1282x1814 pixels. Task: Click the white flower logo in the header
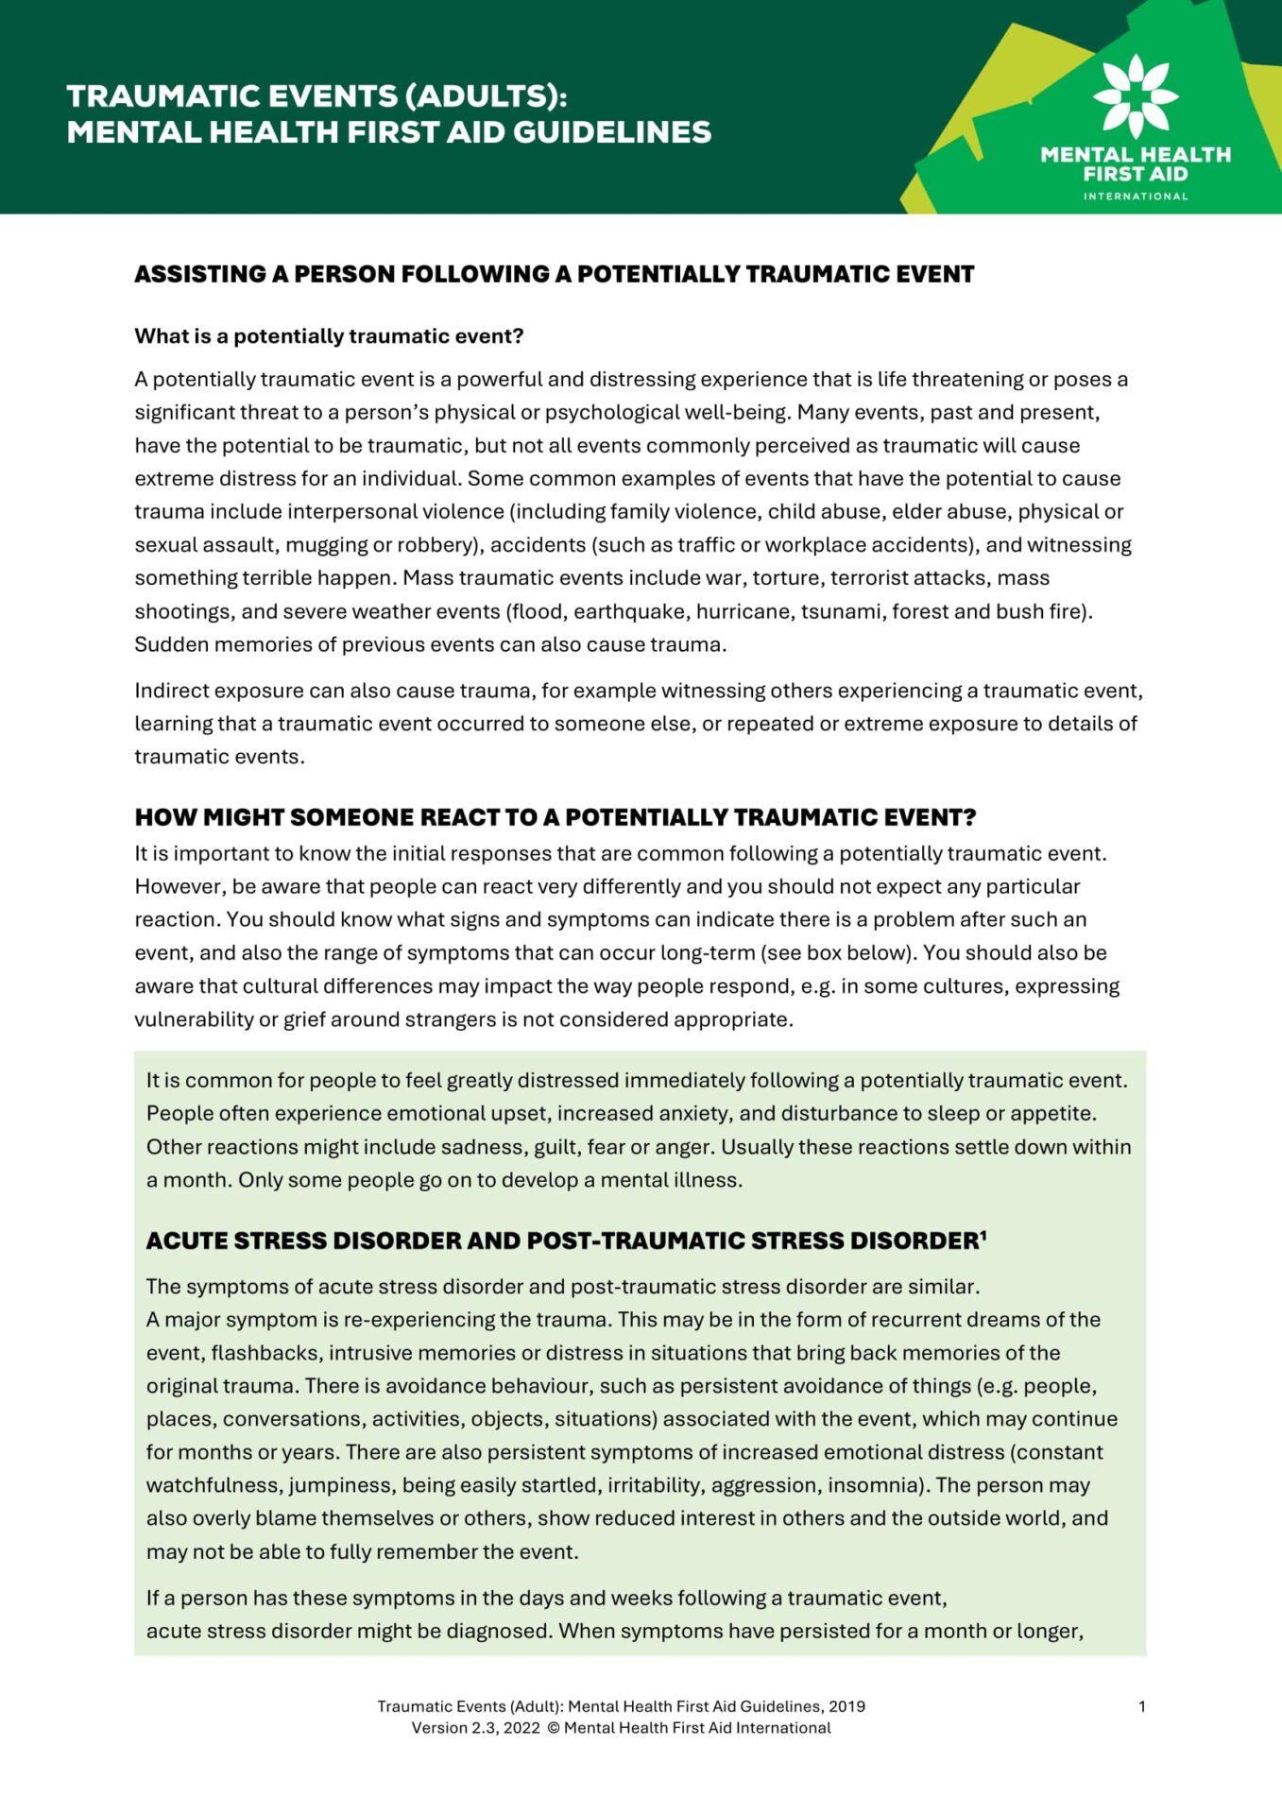(1136, 95)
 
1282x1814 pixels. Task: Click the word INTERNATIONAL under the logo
(1136, 197)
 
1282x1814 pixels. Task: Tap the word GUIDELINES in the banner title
(612, 132)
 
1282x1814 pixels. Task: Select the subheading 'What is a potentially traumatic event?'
(329, 336)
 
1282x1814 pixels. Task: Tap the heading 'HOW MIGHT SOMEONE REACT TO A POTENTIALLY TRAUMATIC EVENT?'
(555, 817)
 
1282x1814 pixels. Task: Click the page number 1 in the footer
(1142, 1706)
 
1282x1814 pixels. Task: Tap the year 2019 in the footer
(846, 1706)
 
